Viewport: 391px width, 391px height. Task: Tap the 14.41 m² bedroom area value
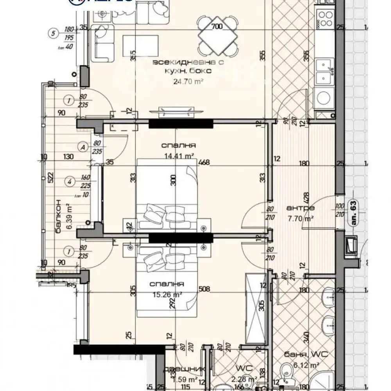tap(178, 156)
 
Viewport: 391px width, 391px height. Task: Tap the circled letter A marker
tap(83, 147)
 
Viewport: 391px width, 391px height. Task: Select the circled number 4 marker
tap(69, 181)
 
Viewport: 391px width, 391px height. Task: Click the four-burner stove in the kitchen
tap(325, 18)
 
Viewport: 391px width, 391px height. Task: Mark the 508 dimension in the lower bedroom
tap(204, 290)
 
